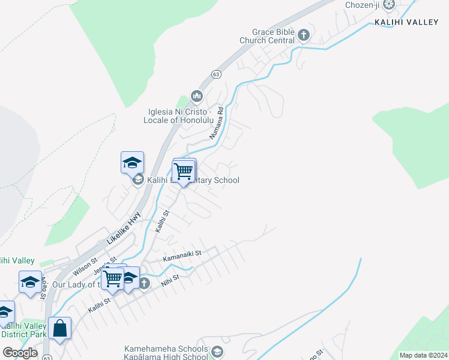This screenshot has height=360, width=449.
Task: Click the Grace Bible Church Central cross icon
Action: (303, 35)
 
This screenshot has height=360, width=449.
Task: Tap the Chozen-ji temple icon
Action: (389, 5)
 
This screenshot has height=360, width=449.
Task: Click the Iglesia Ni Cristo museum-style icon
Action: (197, 96)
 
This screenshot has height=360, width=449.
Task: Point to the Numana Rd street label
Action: (216, 123)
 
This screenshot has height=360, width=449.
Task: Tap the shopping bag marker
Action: (59, 329)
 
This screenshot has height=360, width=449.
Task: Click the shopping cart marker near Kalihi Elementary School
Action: (184, 172)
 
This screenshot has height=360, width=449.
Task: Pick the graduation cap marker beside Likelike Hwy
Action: (132, 163)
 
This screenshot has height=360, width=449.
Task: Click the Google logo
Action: (20, 353)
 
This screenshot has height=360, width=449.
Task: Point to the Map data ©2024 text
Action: (423, 355)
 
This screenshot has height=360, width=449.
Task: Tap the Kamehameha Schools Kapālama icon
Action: (217, 353)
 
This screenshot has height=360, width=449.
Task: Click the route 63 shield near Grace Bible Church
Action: (216, 74)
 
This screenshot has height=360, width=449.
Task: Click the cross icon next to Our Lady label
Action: (143, 283)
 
